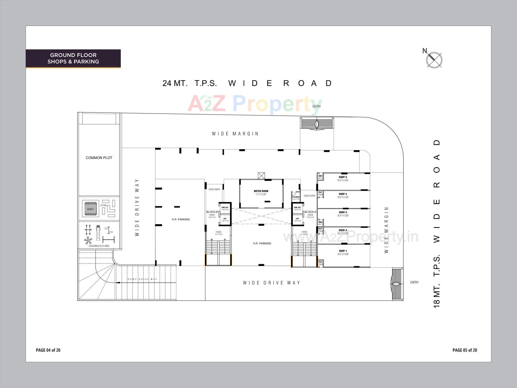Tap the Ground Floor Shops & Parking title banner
[x=73, y=58]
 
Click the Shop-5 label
[x=343, y=177]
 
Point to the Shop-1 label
[x=343, y=251]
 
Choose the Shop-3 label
[x=343, y=213]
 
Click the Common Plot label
[x=99, y=158]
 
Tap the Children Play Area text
[x=99, y=246]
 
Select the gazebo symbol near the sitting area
[x=90, y=209]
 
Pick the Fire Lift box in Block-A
[x=297, y=208]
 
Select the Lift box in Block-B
[x=225, y=220]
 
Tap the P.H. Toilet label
[x=296, y=197]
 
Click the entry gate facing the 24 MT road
[x=317, y=124]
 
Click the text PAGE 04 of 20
[x=48, y=350]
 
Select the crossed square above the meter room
[x=261, y=176]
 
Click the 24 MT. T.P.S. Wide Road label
[x=247, y=83]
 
